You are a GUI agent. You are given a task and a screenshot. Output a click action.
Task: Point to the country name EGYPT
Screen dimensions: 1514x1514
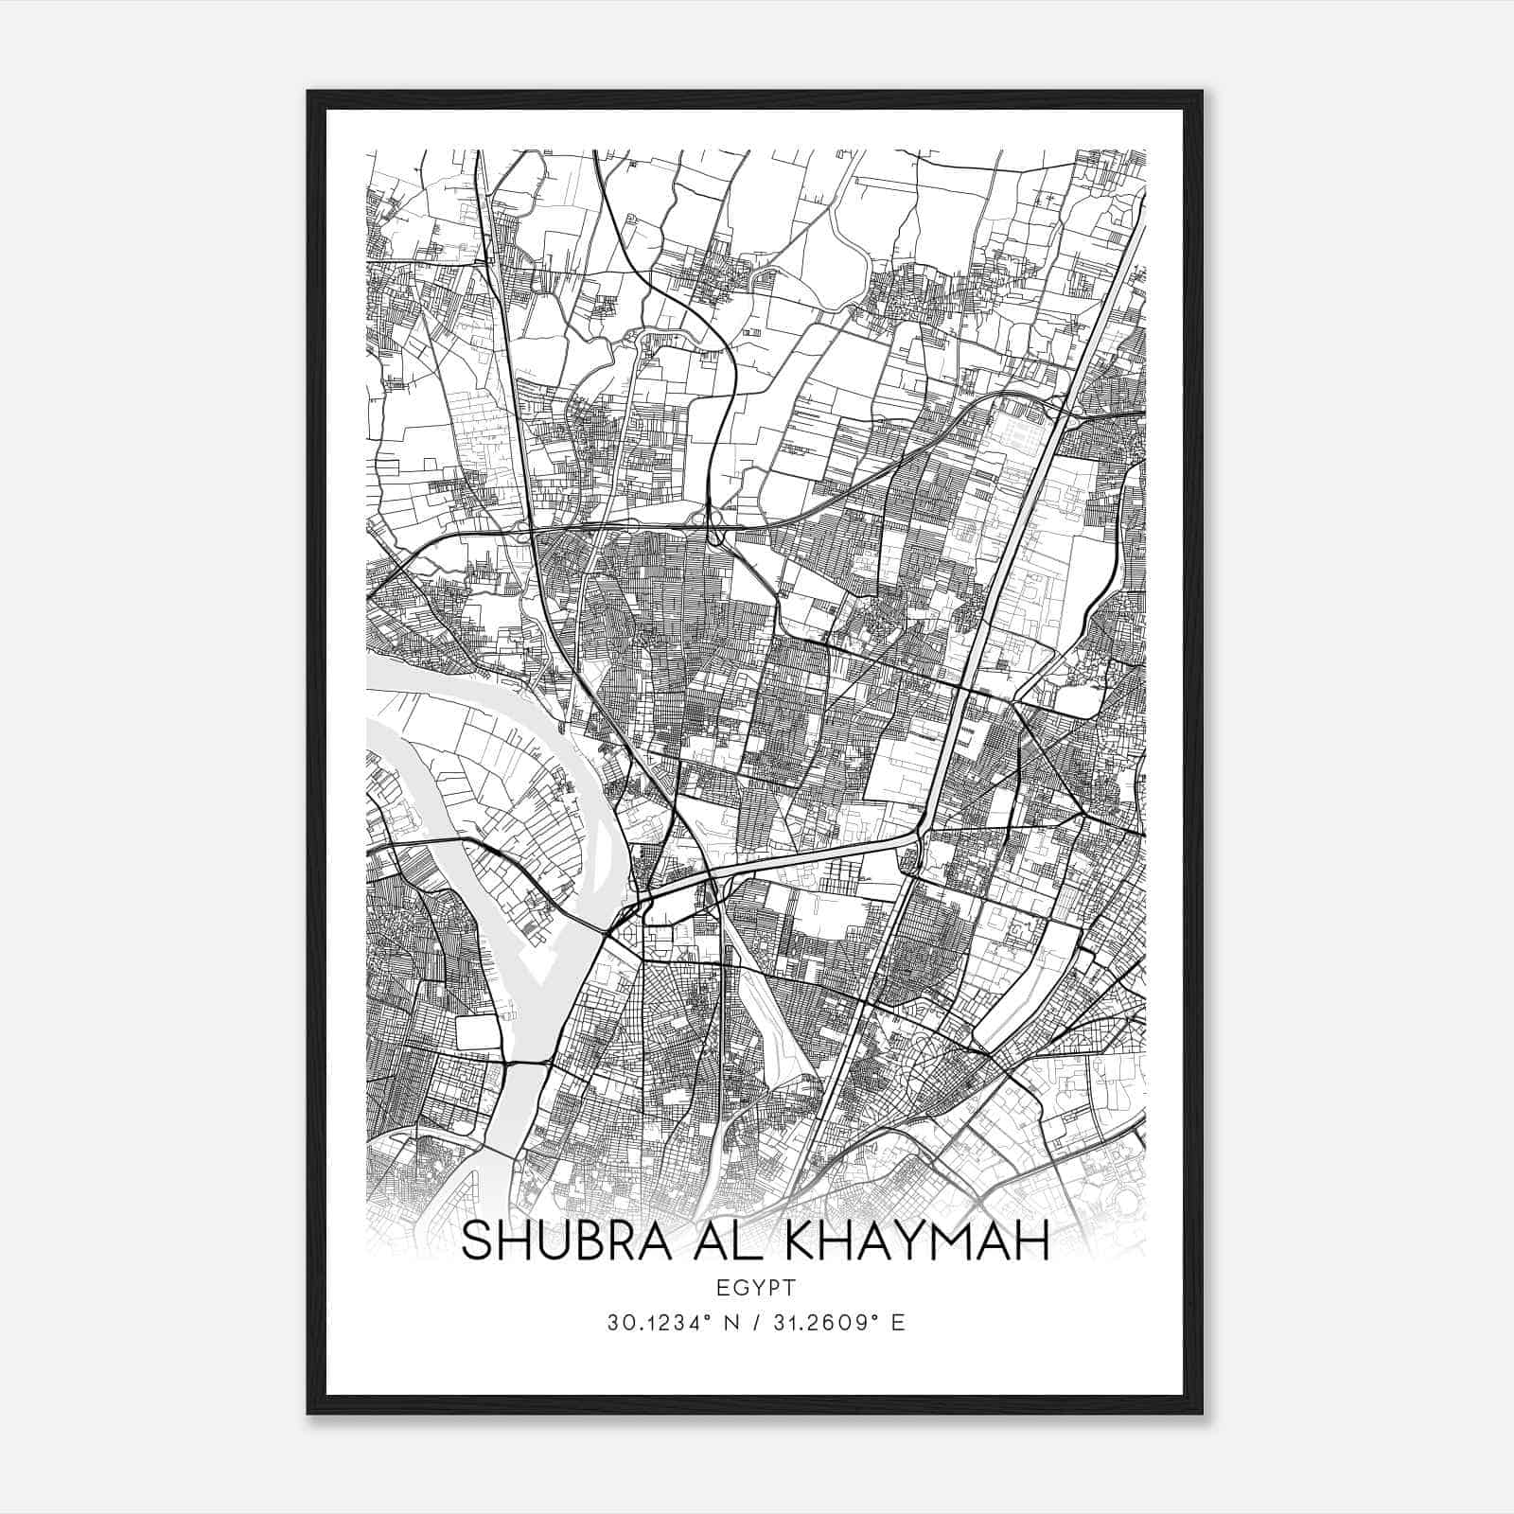pos(756,1287)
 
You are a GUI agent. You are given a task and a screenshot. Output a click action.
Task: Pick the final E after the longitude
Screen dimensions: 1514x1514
pos(898,1322)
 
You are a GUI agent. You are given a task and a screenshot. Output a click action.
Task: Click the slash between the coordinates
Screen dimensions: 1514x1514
pos(755,1322)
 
